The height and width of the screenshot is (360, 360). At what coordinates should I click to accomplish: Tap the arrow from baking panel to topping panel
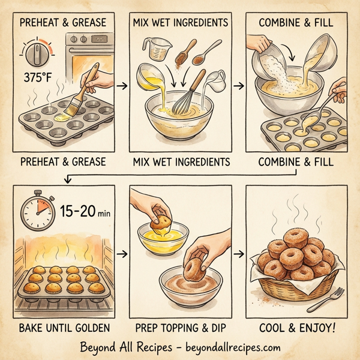[x=123, y=255]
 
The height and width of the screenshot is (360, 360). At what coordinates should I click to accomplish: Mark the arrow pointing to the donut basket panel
[x=240, y=255]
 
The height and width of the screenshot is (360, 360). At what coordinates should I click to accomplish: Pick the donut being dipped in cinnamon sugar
[x=194, y=266]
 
